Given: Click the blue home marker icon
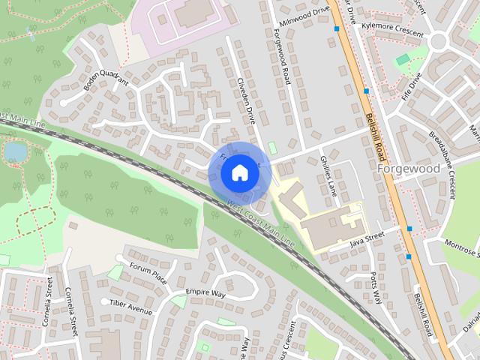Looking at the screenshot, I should [x=239, y=172].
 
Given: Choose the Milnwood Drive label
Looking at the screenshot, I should [x=304, y=16].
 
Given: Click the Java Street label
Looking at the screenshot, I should [x=367, y=239].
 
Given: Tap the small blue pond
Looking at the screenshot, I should [x=15, y=151].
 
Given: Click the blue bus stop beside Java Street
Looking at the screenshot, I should [x=409, y=228].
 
